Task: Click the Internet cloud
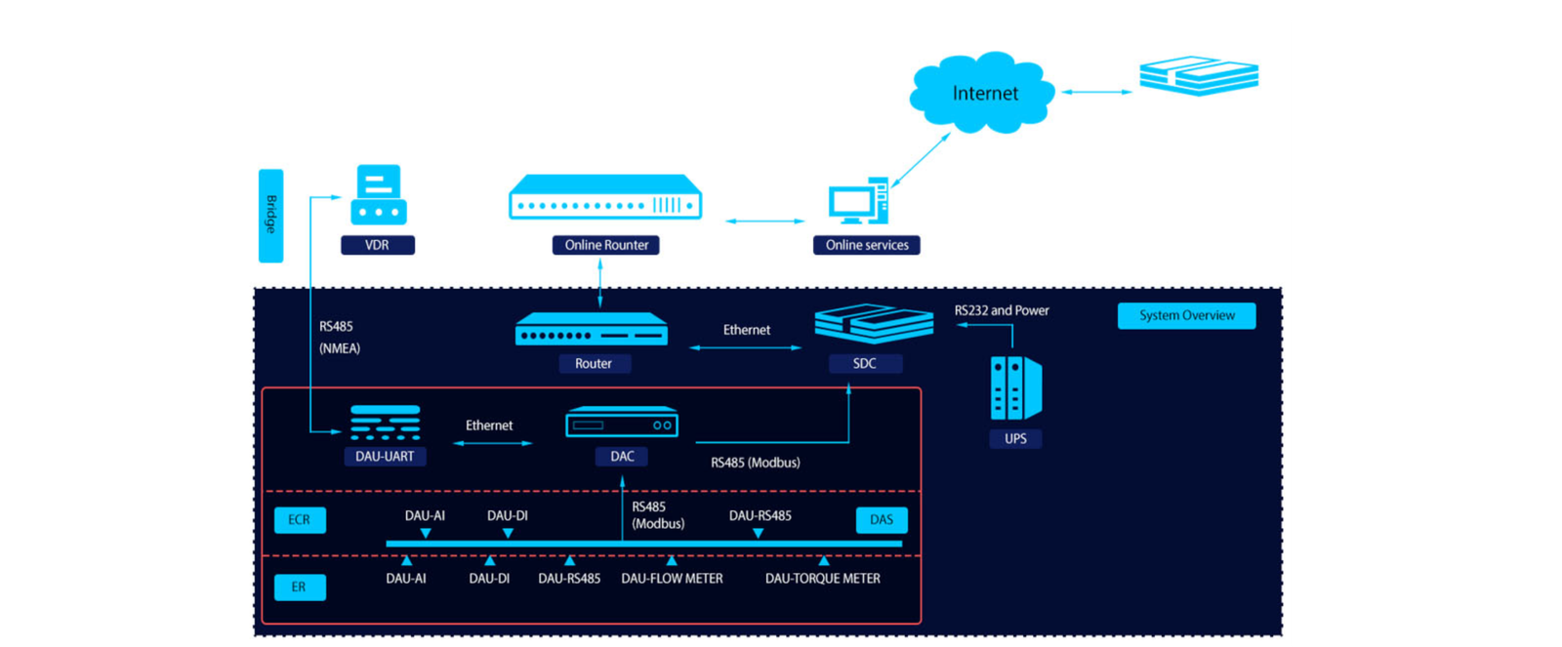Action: pyautogui.click(x=982, y=93)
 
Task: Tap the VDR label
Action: pyautogui.click(x=377, y=245)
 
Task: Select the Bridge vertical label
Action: pyautogui.click(x=270, y=216)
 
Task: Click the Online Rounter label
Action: pyautogui.click(x=606, y=245)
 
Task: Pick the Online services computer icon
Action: pyautogui.click(x=858, y=202)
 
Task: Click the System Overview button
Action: pyautogui.click(x=1186, y=315)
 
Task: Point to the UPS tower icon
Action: pyautogui.click(x=1015, y=387)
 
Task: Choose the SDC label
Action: pyautogui.click(x=865, y=363)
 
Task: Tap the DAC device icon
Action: pyautogui.click(x=622, y=423)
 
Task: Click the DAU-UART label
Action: pyautogui.click(x=385, y=456)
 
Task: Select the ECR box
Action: pyautogui.click(x=300, y=520)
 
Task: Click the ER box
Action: pyautogui.click(x=299, y=586)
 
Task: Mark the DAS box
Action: pyautogui.click(x=881, y=520)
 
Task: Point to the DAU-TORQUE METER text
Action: pyautogui.click(x=822, y=579)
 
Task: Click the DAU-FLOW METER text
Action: pyautogui.click(x=672, y=579)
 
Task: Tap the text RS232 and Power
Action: pyautogui.click(x=1002, y=310)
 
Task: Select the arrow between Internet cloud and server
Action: pyautogui.click(x=1097, y=92)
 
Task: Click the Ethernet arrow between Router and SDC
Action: pyautogui.click(x=746, y=347)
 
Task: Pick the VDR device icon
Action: pyautogui.click(x=378, y=195)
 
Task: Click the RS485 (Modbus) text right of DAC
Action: pyautogui.click(x=755, y=463)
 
